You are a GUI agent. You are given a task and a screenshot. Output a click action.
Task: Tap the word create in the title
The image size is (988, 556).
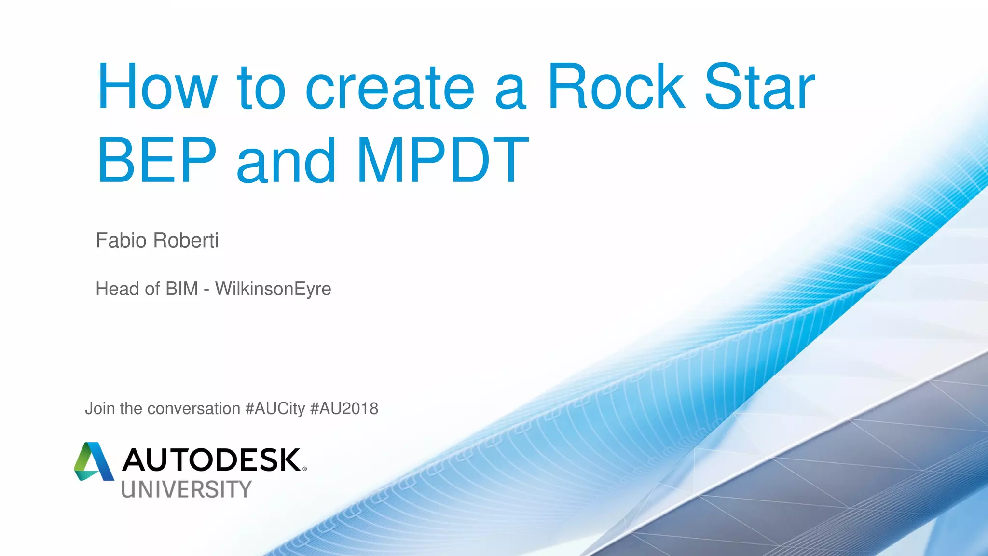390,88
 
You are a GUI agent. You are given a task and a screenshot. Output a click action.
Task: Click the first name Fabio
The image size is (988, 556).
121,240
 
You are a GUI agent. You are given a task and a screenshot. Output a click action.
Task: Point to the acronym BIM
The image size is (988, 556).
182,289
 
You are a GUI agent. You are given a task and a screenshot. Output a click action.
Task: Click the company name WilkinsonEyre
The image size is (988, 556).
273,289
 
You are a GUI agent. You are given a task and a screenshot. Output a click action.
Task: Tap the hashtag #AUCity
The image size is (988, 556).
275,409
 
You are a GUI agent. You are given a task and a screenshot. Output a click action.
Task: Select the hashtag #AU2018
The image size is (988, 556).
344,409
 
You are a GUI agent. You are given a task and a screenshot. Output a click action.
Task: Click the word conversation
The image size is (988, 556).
193,409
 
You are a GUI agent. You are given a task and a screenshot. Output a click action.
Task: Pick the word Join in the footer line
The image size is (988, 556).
100,409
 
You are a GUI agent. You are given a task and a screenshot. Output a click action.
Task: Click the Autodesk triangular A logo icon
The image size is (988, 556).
94,462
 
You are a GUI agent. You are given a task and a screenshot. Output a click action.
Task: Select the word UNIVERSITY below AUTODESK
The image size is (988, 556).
186,489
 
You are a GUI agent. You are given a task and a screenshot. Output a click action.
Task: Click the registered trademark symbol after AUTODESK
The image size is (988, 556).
304,469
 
